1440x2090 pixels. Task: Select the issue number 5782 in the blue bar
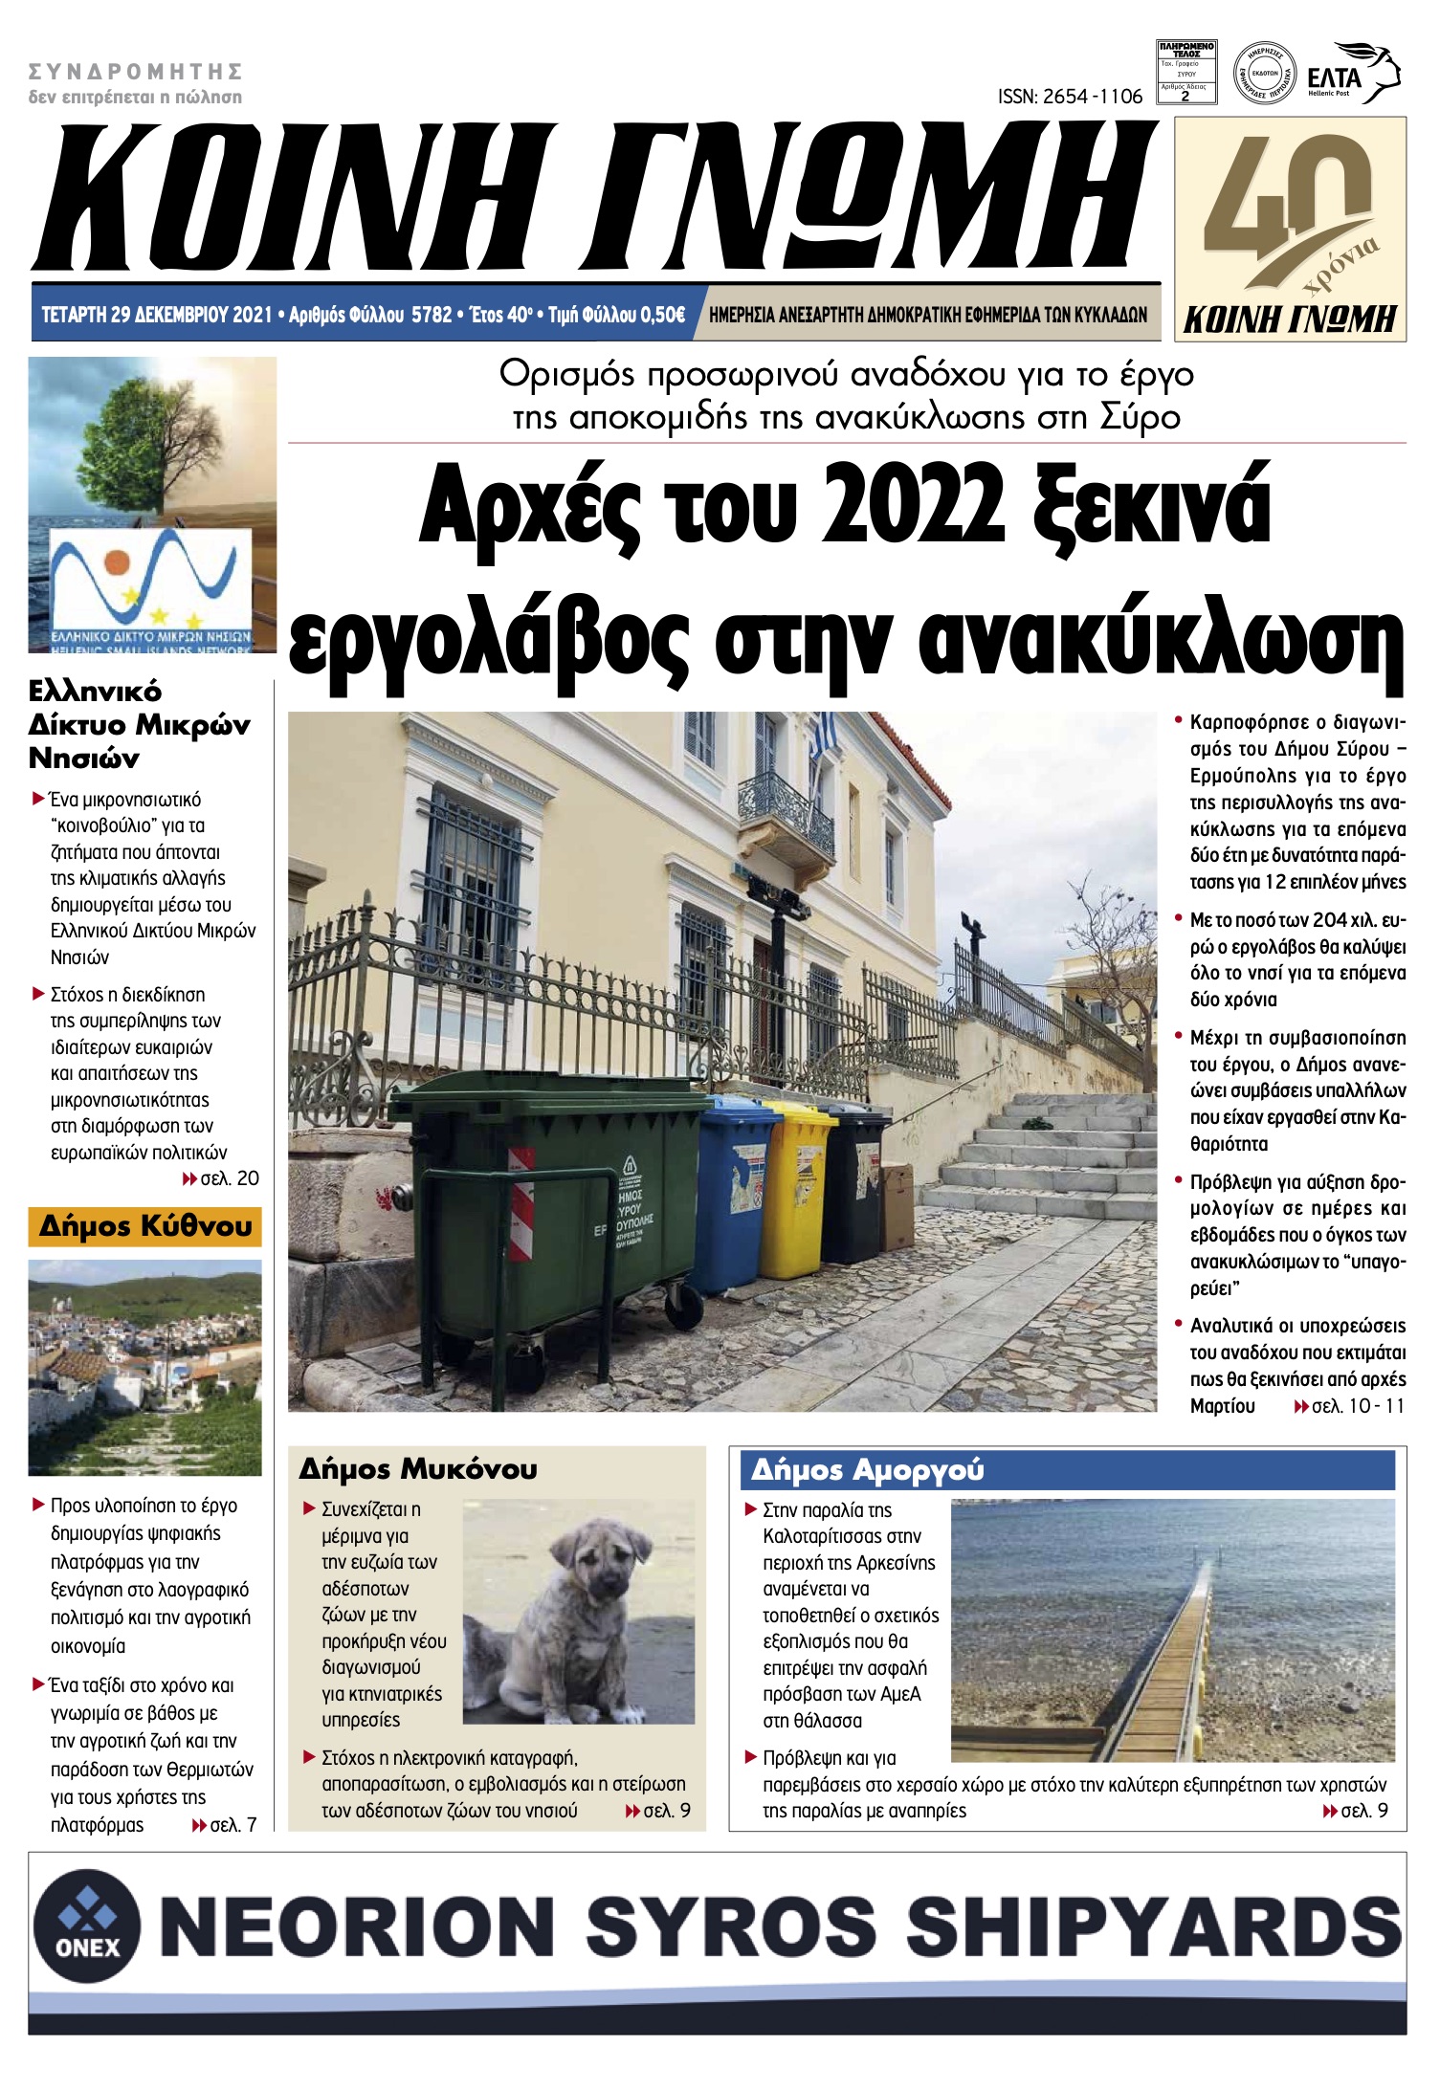[431, 315]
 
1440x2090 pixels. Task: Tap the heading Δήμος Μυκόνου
[418, 1468]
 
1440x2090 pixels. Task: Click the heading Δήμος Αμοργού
[867, 1469]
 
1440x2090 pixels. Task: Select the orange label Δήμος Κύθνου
[145, 1226]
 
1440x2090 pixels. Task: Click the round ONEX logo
[87, 1925]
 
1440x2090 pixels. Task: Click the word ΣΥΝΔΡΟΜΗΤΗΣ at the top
[135, 72]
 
